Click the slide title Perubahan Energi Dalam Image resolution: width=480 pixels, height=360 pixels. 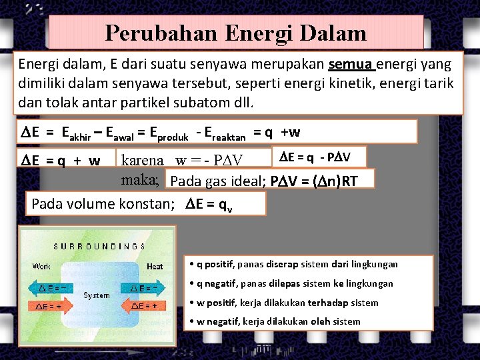236,33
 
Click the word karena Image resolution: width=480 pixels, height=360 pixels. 142,161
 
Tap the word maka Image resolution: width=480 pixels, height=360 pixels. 140,179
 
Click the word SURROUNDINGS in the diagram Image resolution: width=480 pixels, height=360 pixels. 99,245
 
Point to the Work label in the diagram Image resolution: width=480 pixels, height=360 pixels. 41,267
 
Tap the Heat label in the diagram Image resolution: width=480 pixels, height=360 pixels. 154,267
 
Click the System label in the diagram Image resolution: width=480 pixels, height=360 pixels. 97,295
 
